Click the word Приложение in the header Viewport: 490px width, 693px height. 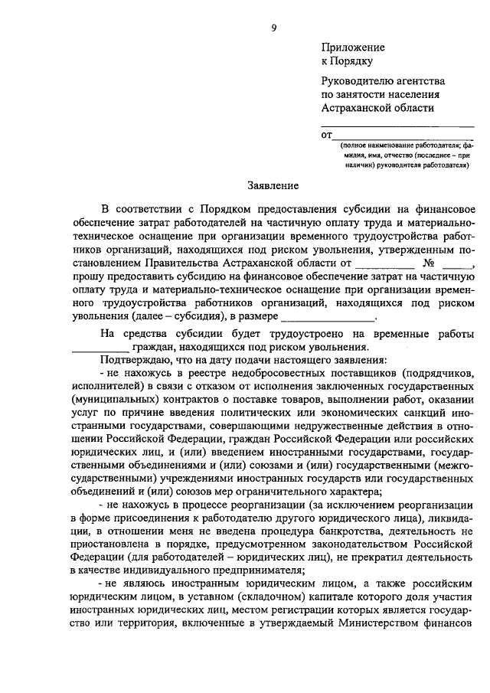pyautogui.click(x=352, y=47)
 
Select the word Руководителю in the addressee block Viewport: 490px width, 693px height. pyautogui.click(x=361, y=80)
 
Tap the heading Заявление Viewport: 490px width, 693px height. pyautogui.click(x=273, y=185)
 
